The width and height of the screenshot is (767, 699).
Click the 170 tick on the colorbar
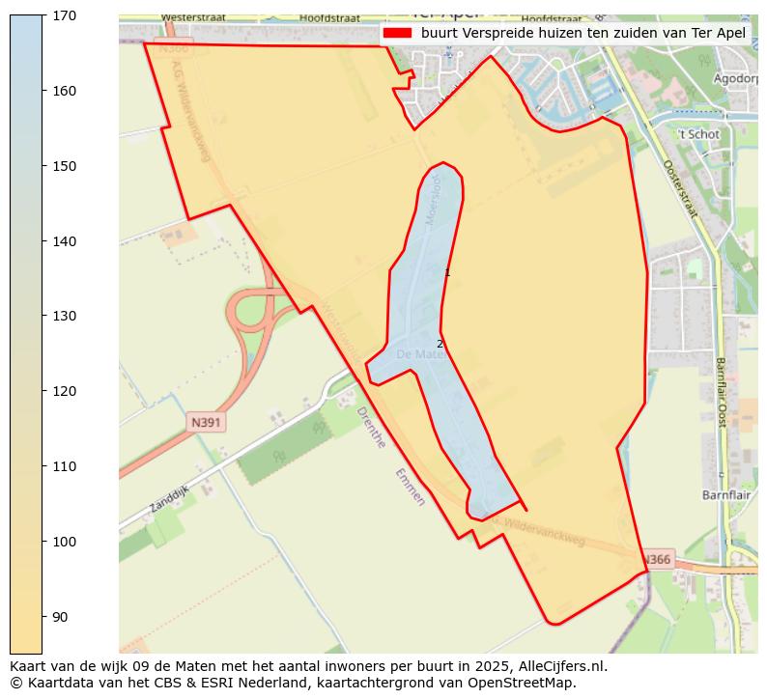(43, 15)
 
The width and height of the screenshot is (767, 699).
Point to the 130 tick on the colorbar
(43, 316)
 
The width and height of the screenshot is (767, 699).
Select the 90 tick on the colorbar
(43, 616)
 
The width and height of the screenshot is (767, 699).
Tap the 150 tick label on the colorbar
(63, 166)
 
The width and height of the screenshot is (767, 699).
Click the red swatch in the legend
(397, 33)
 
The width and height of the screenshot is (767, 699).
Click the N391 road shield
(206, 422)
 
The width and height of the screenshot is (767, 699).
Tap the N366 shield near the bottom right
(657, 560)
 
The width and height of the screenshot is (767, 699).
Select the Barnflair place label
(725, 494)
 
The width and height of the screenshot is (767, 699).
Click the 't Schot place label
(698, 134)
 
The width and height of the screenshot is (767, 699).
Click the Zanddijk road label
(171, 500)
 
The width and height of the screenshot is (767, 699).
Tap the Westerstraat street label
(189, 17)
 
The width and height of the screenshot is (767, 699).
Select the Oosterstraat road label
(678, 188)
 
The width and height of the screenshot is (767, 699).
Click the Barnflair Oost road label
(721, 392)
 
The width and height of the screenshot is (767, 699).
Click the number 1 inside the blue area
(447, 273)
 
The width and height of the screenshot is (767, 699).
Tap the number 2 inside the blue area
(440, 344)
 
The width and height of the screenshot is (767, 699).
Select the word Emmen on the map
(409, 488)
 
